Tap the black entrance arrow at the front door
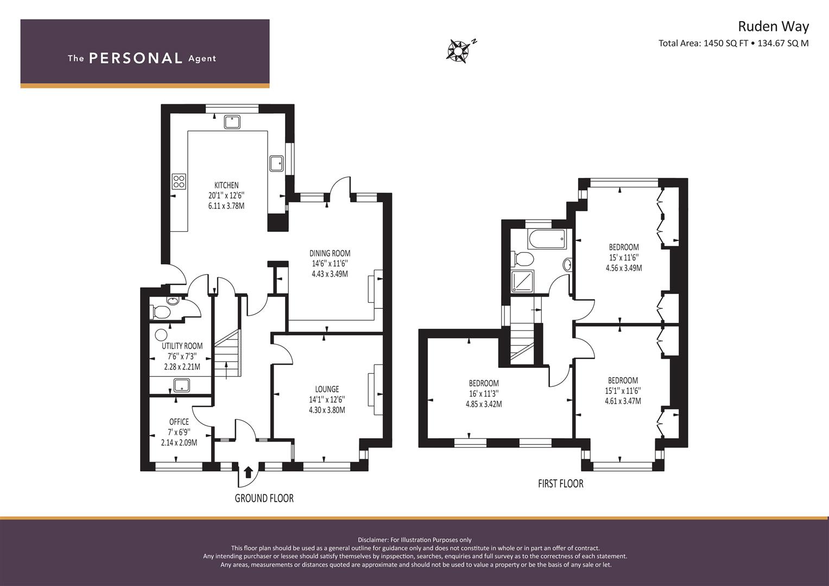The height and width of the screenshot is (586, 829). [248, 472]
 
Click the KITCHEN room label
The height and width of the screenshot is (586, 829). [226, 185]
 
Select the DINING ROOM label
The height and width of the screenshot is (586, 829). [330, 253]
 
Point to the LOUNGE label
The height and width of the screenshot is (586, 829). [327, 389]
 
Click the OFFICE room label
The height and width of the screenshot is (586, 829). [179, 422]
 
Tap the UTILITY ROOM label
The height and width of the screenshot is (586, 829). [182, 346]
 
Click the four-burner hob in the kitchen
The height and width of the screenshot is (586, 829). [179, 182]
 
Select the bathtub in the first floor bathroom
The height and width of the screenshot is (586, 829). [547, 239]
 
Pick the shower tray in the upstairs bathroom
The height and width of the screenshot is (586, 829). [522, 282]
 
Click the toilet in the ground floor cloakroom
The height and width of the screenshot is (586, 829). [159, 311]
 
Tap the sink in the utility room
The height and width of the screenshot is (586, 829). [181, 385]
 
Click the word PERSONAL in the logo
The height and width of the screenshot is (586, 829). [136, 59]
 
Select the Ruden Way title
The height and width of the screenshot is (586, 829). [774, 27]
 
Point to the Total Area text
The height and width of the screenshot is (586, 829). [733, 43]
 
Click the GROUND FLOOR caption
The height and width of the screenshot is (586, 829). [264, 498]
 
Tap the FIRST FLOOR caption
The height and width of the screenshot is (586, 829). [561, 483]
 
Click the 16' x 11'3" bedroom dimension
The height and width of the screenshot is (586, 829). [484, 393]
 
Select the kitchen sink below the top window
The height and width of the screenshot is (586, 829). [232, 122]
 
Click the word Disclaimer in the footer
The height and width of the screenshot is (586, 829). [371, 540]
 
